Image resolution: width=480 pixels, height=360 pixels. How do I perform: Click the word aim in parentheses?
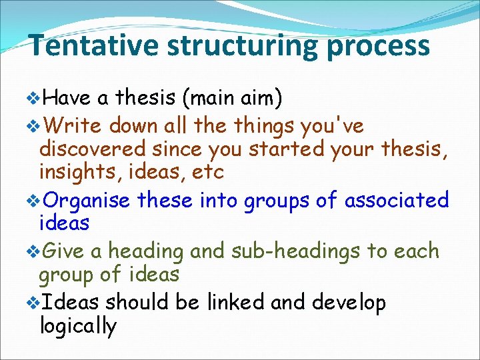click(x=256, y=99)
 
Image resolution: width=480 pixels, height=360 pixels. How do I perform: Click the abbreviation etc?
click(x=207, y=173)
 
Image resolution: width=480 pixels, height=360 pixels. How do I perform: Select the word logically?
click(x=78, y=327)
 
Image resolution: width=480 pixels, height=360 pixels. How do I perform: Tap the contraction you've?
click(x=331, y=125)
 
